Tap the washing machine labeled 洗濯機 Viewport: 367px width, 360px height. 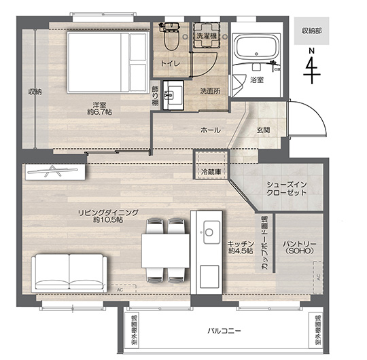pyautogui.click(x=207, y=35)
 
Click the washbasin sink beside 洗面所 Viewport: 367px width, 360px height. pyautogui.click(x=173, y=95)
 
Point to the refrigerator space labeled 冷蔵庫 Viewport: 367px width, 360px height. pyautogui.click(x=211, y=165)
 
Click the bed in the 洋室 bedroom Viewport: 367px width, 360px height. pyautogui.click(x=108, y=62)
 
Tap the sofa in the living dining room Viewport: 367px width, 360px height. pyautogui.click(x=69, y=273)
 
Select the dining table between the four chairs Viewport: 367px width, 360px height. pyautogui.click(x=165, y=251)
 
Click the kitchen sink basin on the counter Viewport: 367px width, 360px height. pyautogui.click(x=211, y=232)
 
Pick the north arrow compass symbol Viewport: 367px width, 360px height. pyautogui.click(x=312, y=67)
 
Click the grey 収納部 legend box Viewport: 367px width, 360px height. pyautogui.click(x=312, y=31)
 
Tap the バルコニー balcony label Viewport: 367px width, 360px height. pyautogui.click(x=224, y=331)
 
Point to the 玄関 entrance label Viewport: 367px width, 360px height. pyautogui.click(x=263, y=130)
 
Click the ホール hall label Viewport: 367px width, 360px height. pyautogui.click(x=211, y=130)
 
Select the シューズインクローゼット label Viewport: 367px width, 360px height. pyautogui.click(x=287, y=189)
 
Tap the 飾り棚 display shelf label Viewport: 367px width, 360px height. pyautogui.click(x=155, y=96)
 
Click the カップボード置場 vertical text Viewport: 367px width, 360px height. pyautogui.click(x=264, y=242)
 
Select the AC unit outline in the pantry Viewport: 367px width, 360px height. pyautogui.click(x=318, y=277)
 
